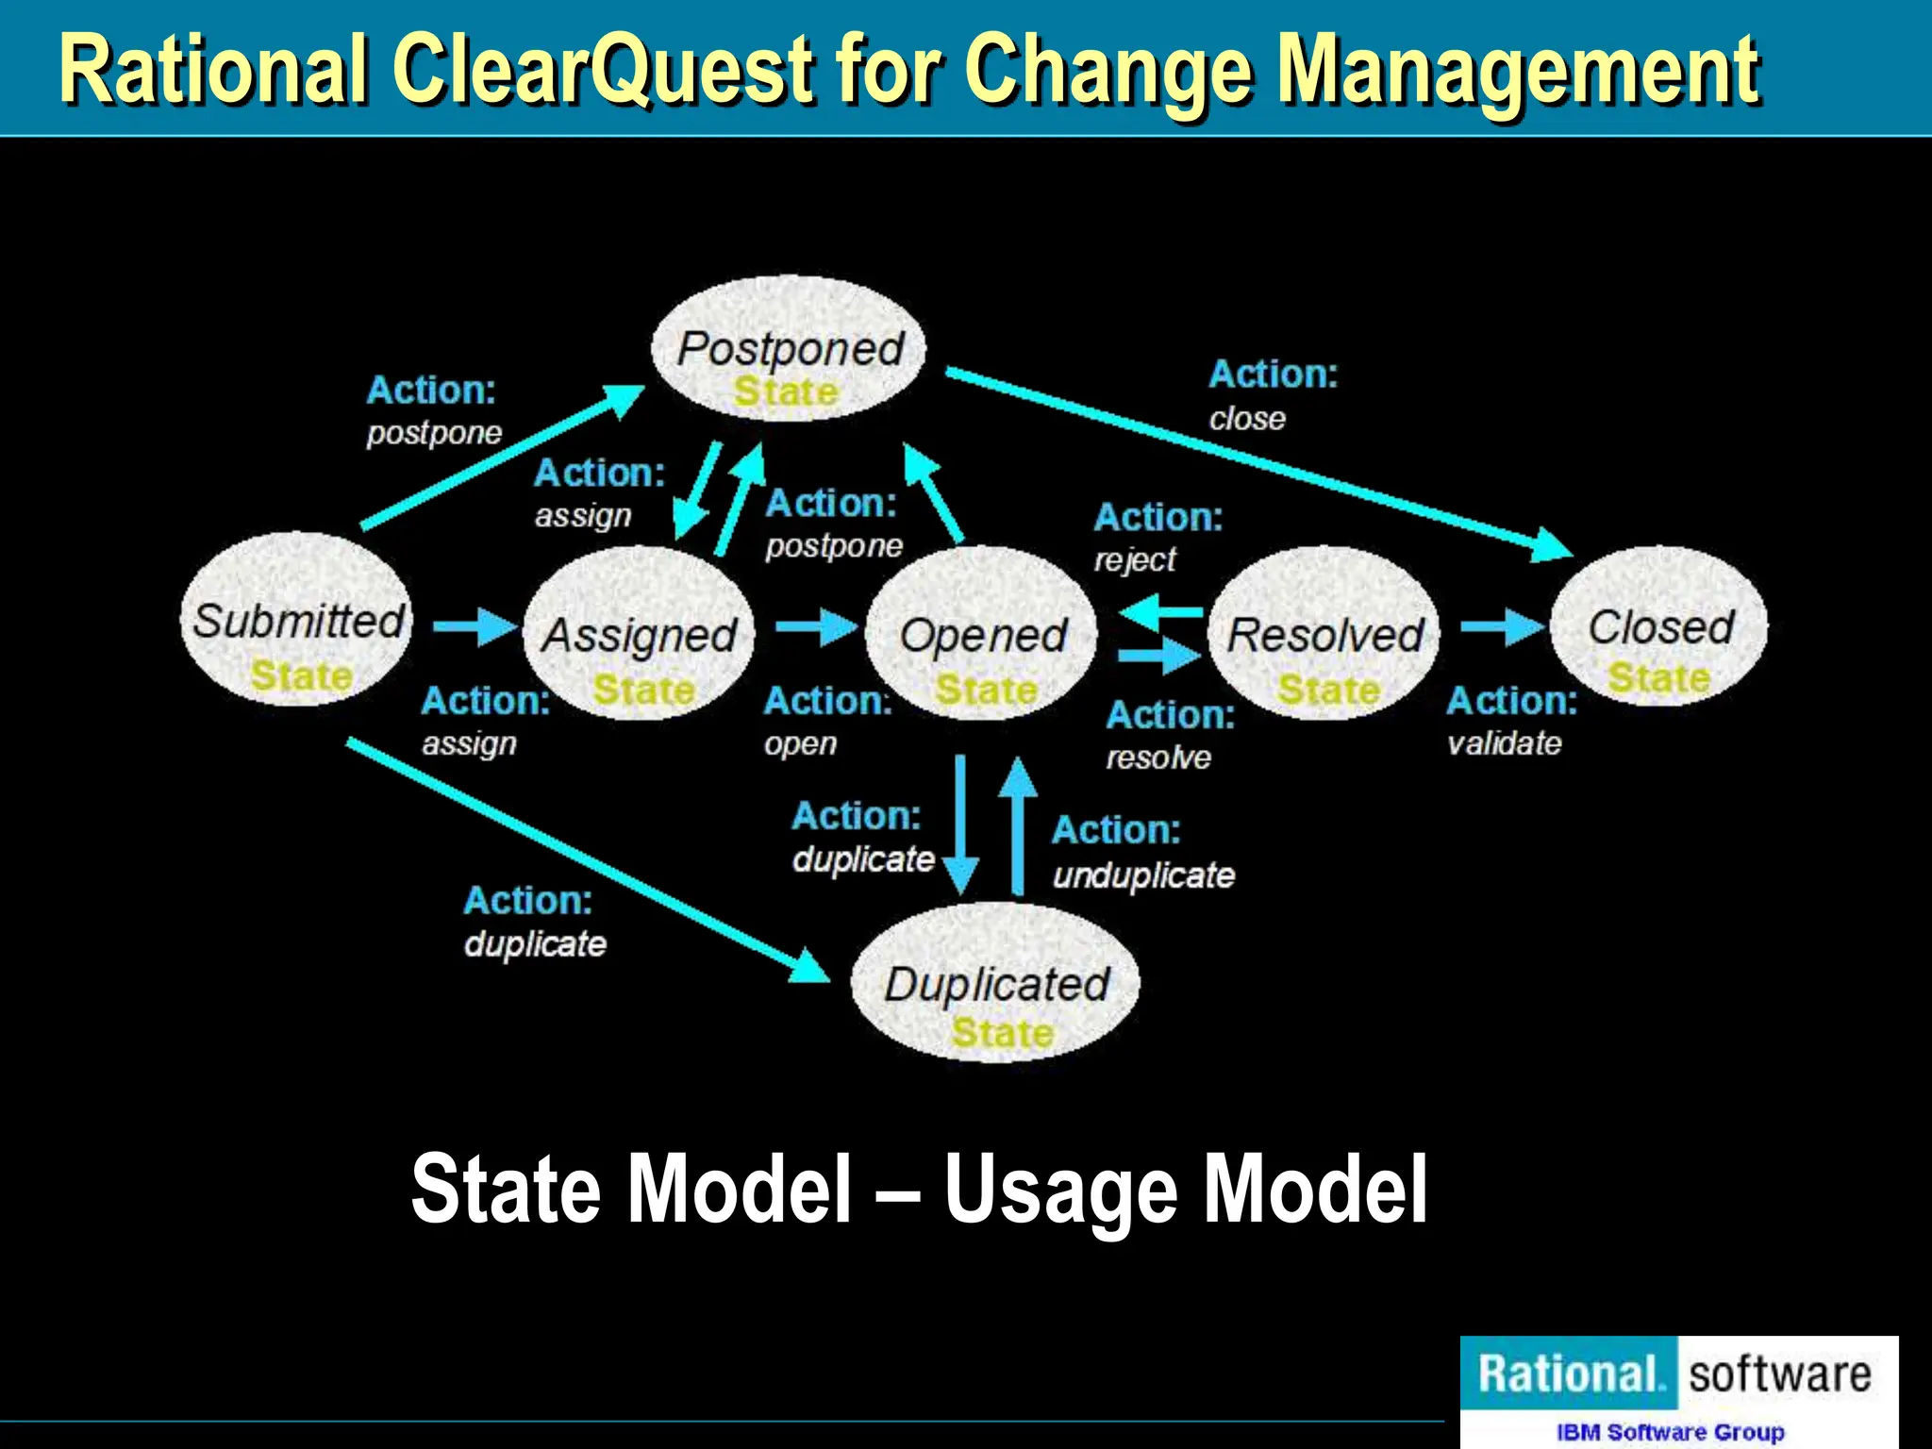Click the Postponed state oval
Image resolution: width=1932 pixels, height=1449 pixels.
click(789, 349)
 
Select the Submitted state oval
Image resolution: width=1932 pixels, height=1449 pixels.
click(296, 619)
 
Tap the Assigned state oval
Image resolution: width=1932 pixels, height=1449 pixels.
click(639, 634)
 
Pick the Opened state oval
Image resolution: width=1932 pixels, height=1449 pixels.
click(981, 634)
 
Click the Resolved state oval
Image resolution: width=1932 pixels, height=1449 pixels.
click(1324, 634)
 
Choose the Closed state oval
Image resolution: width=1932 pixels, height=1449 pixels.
click(1659, 626)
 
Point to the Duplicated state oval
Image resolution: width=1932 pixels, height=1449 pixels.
click(995, 984)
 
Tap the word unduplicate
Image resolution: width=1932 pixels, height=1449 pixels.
click(1143, 875)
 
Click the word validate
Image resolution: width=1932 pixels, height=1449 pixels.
click(1504, 743)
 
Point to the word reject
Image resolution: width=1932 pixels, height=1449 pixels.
click(1134, 560)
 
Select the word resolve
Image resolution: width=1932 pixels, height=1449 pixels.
click(1158, 758)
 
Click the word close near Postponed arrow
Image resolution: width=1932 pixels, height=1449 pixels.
click(1246, 418)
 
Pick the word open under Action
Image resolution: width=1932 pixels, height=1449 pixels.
click(800, 743)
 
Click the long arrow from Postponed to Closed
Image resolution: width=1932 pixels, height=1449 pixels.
click(1255, 462)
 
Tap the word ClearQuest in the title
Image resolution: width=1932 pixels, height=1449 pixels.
click(604, 70)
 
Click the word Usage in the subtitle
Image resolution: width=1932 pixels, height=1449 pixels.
click(1060, 1191)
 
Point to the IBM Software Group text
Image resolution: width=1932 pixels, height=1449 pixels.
click(1670, 1432)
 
